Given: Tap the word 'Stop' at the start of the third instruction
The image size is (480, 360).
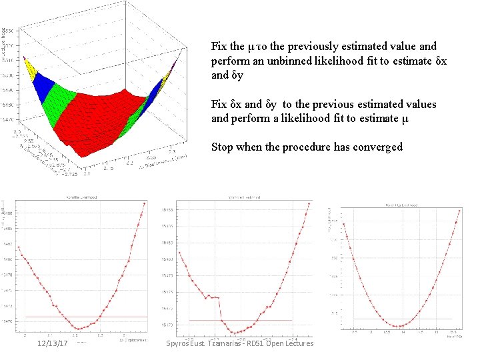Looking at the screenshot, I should (x=223, y=147).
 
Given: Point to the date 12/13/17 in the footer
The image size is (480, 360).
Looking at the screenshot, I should (x=53, y=343).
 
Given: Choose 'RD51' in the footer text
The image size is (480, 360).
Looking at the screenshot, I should (x=255, y=343).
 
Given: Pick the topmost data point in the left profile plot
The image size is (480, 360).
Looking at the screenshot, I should (x=144, y=204).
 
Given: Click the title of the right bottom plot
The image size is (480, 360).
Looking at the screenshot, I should (x=402, y=205).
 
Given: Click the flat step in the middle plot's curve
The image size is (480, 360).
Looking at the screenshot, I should (x=214, y=297).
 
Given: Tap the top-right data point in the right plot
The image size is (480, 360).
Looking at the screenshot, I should (x=459, y=211).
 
